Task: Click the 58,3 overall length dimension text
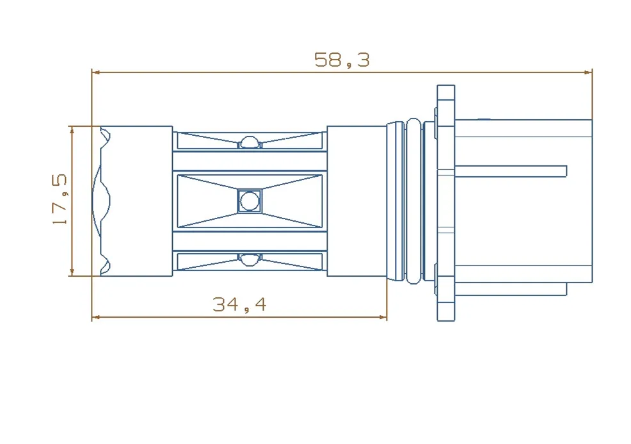342,60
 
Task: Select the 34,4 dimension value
239,304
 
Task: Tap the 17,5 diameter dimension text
60,199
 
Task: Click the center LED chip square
250,201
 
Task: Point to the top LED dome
250,142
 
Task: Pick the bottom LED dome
250,260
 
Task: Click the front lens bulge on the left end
100,201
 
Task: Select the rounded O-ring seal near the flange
413,201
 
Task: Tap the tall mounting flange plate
446,203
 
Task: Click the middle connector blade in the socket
511,171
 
